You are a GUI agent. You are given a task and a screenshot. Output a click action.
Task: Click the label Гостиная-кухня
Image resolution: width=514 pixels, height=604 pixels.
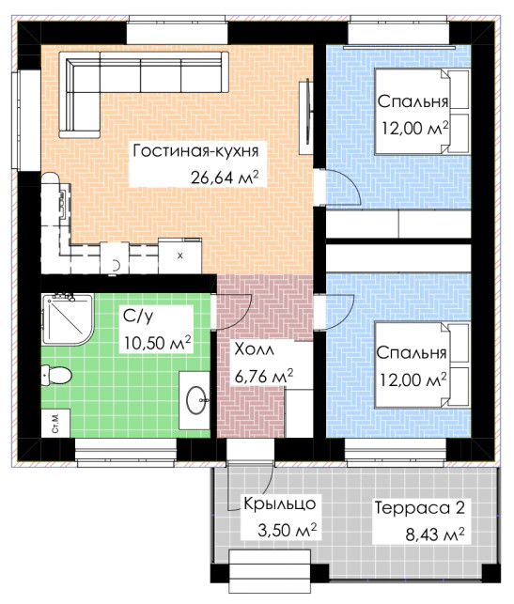point(195,151)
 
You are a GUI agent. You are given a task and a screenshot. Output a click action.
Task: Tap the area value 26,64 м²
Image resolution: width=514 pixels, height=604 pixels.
point(224,178)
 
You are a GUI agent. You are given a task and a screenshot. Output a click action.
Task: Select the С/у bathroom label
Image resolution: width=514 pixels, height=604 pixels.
point(138,316)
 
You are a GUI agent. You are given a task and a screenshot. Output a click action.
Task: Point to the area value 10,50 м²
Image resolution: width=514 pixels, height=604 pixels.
point(158,343)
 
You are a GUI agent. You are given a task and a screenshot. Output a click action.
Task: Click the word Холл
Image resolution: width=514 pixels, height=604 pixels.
point(255,349)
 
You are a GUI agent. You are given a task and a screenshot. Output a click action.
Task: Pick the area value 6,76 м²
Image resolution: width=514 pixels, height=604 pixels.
point(264,376)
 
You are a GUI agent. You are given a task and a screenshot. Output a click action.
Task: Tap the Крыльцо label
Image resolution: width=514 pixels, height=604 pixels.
point(280,504)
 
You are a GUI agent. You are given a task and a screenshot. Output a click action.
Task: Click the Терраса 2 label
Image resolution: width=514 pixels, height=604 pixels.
point(420,507)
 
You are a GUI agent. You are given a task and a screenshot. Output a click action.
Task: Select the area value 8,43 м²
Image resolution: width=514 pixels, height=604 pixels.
point(435,534)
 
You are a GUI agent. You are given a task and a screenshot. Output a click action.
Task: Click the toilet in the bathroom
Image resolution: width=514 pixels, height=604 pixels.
point(56,375)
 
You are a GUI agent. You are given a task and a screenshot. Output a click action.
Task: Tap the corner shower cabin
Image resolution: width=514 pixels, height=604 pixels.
point(67,319)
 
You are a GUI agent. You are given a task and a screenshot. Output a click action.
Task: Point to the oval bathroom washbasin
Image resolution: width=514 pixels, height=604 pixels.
point(197,400)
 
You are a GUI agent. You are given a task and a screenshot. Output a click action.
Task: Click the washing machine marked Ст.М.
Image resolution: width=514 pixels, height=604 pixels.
point(55,423)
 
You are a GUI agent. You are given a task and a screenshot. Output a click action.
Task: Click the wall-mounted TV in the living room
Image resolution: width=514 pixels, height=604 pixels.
point(307,111)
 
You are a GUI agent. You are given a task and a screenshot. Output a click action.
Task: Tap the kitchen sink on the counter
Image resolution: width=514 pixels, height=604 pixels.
point(63,201)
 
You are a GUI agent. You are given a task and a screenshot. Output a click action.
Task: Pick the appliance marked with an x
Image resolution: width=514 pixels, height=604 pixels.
point(179,256)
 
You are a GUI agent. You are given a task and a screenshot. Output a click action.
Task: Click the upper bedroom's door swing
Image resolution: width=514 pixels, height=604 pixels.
point(343,186)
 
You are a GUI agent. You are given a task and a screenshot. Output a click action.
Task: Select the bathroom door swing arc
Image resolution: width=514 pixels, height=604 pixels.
point(233,312)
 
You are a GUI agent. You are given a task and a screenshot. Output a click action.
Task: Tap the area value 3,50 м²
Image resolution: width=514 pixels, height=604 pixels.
point(287,531)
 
